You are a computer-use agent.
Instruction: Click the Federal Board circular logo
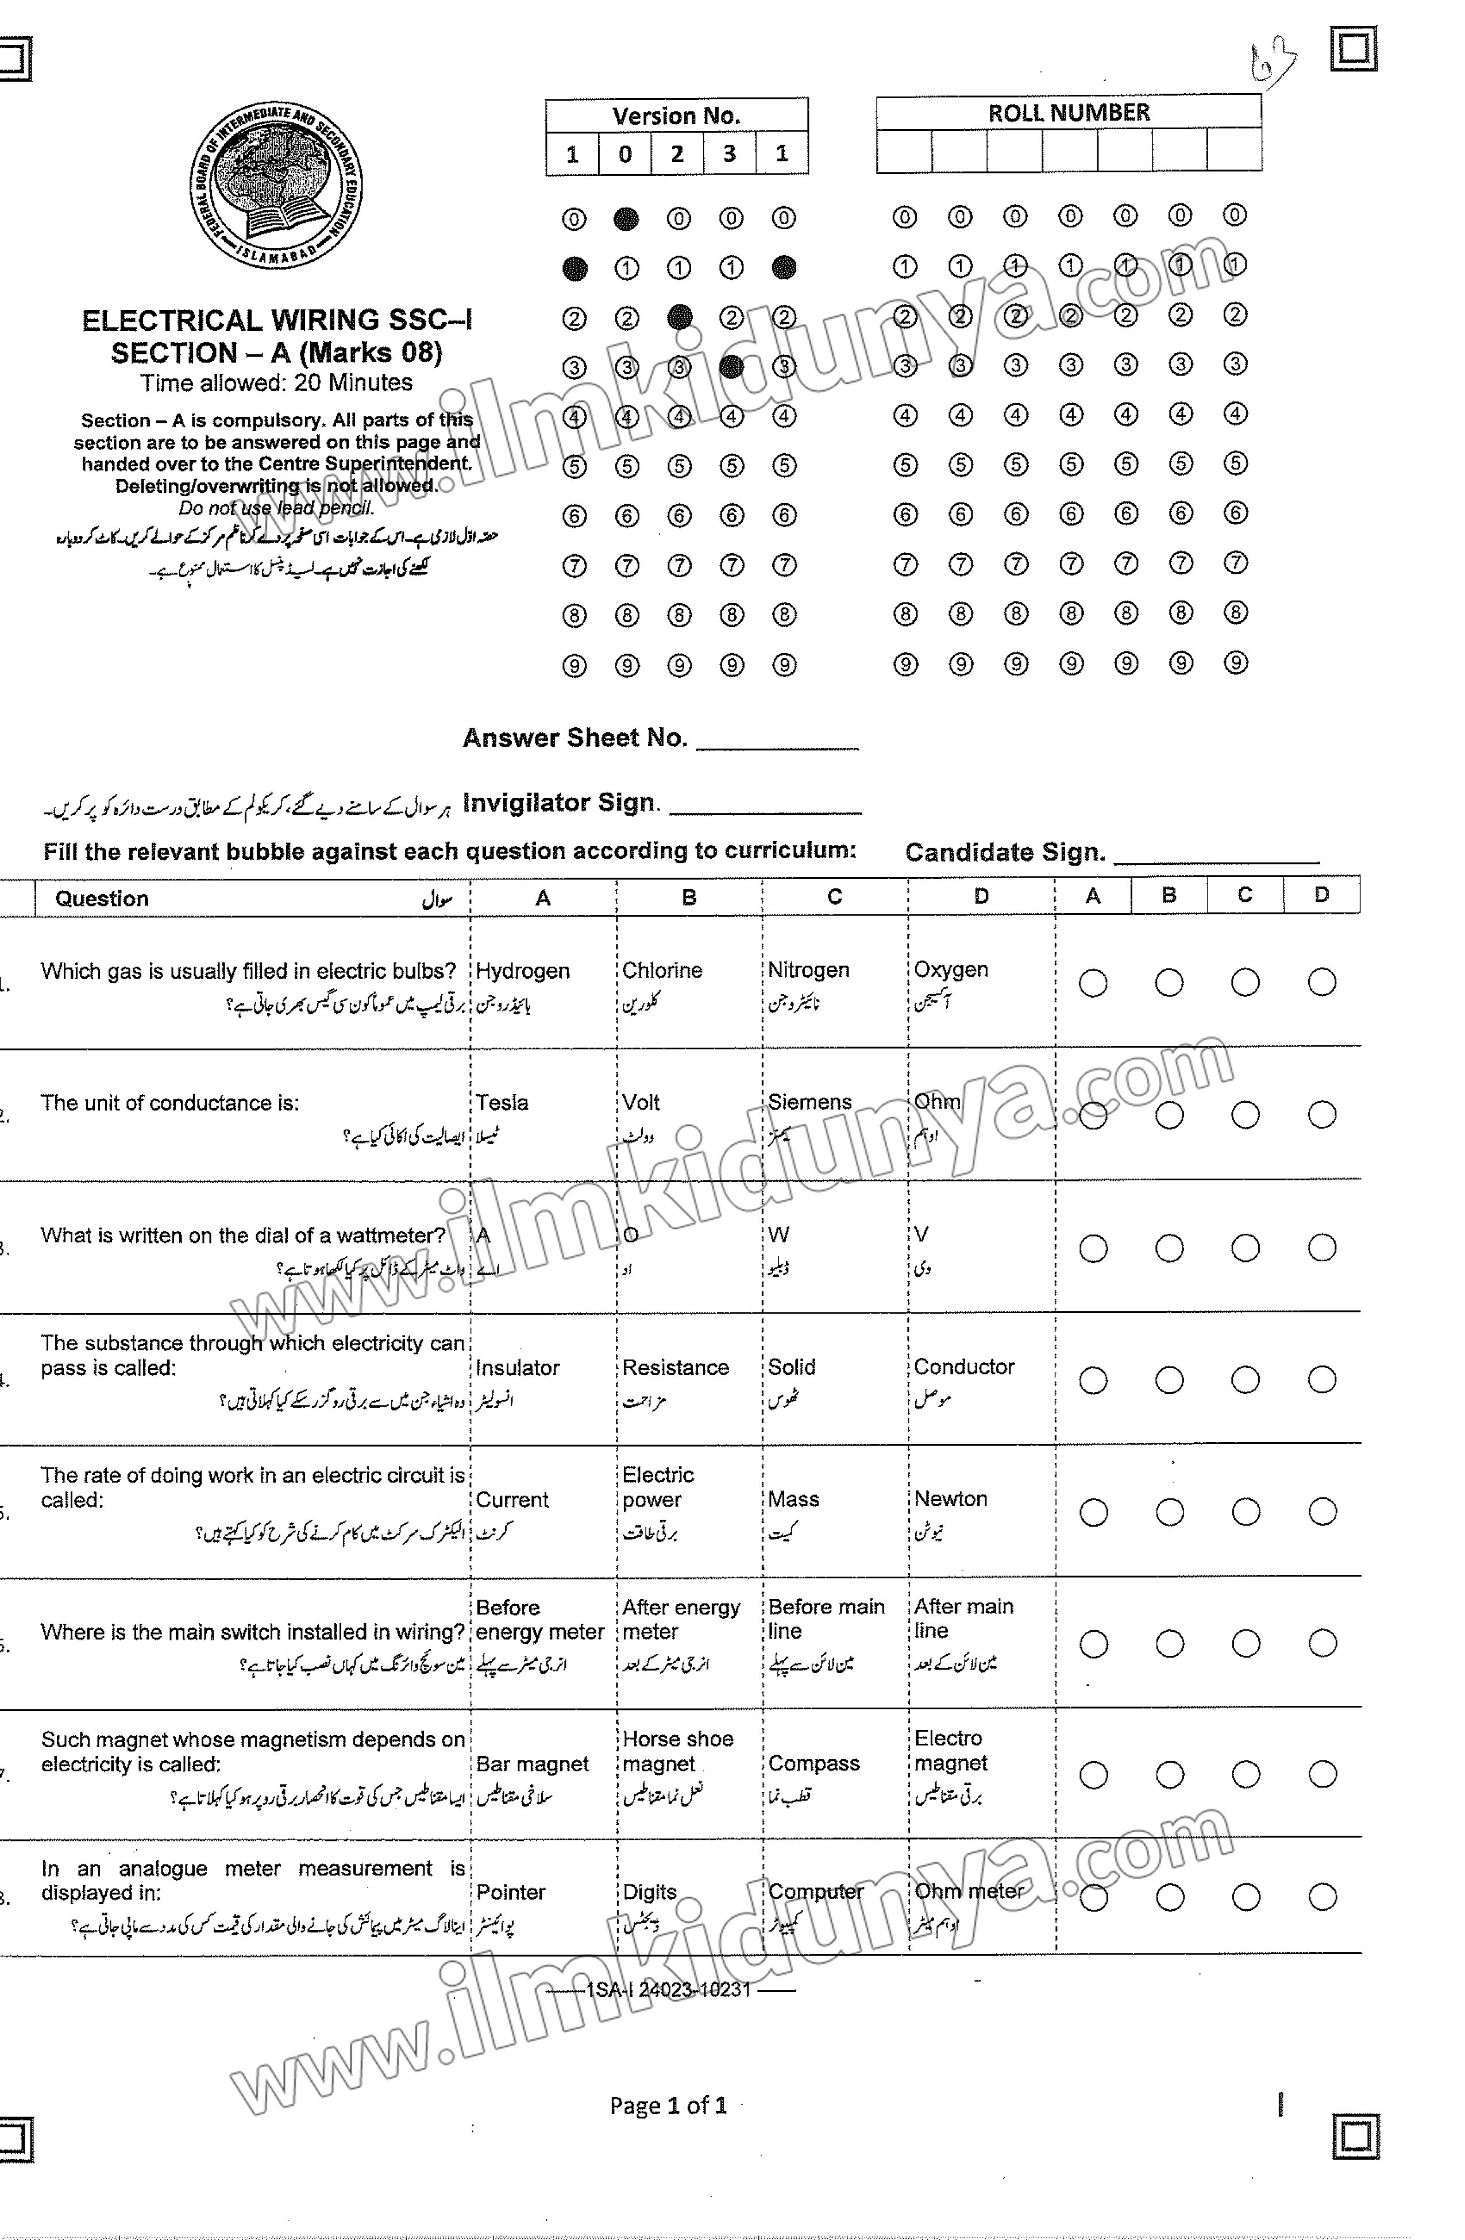(275, 184)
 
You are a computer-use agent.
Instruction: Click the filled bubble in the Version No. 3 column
(731, 366)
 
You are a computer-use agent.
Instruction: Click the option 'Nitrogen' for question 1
(808, 970)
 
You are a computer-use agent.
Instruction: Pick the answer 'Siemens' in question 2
(809, 1102)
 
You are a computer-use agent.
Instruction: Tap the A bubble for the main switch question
(1093, 1644)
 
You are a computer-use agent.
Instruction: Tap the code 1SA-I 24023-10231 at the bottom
(669, 1990)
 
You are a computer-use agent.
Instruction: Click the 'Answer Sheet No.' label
(575, 738)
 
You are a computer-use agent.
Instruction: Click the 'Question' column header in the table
(102, 899)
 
